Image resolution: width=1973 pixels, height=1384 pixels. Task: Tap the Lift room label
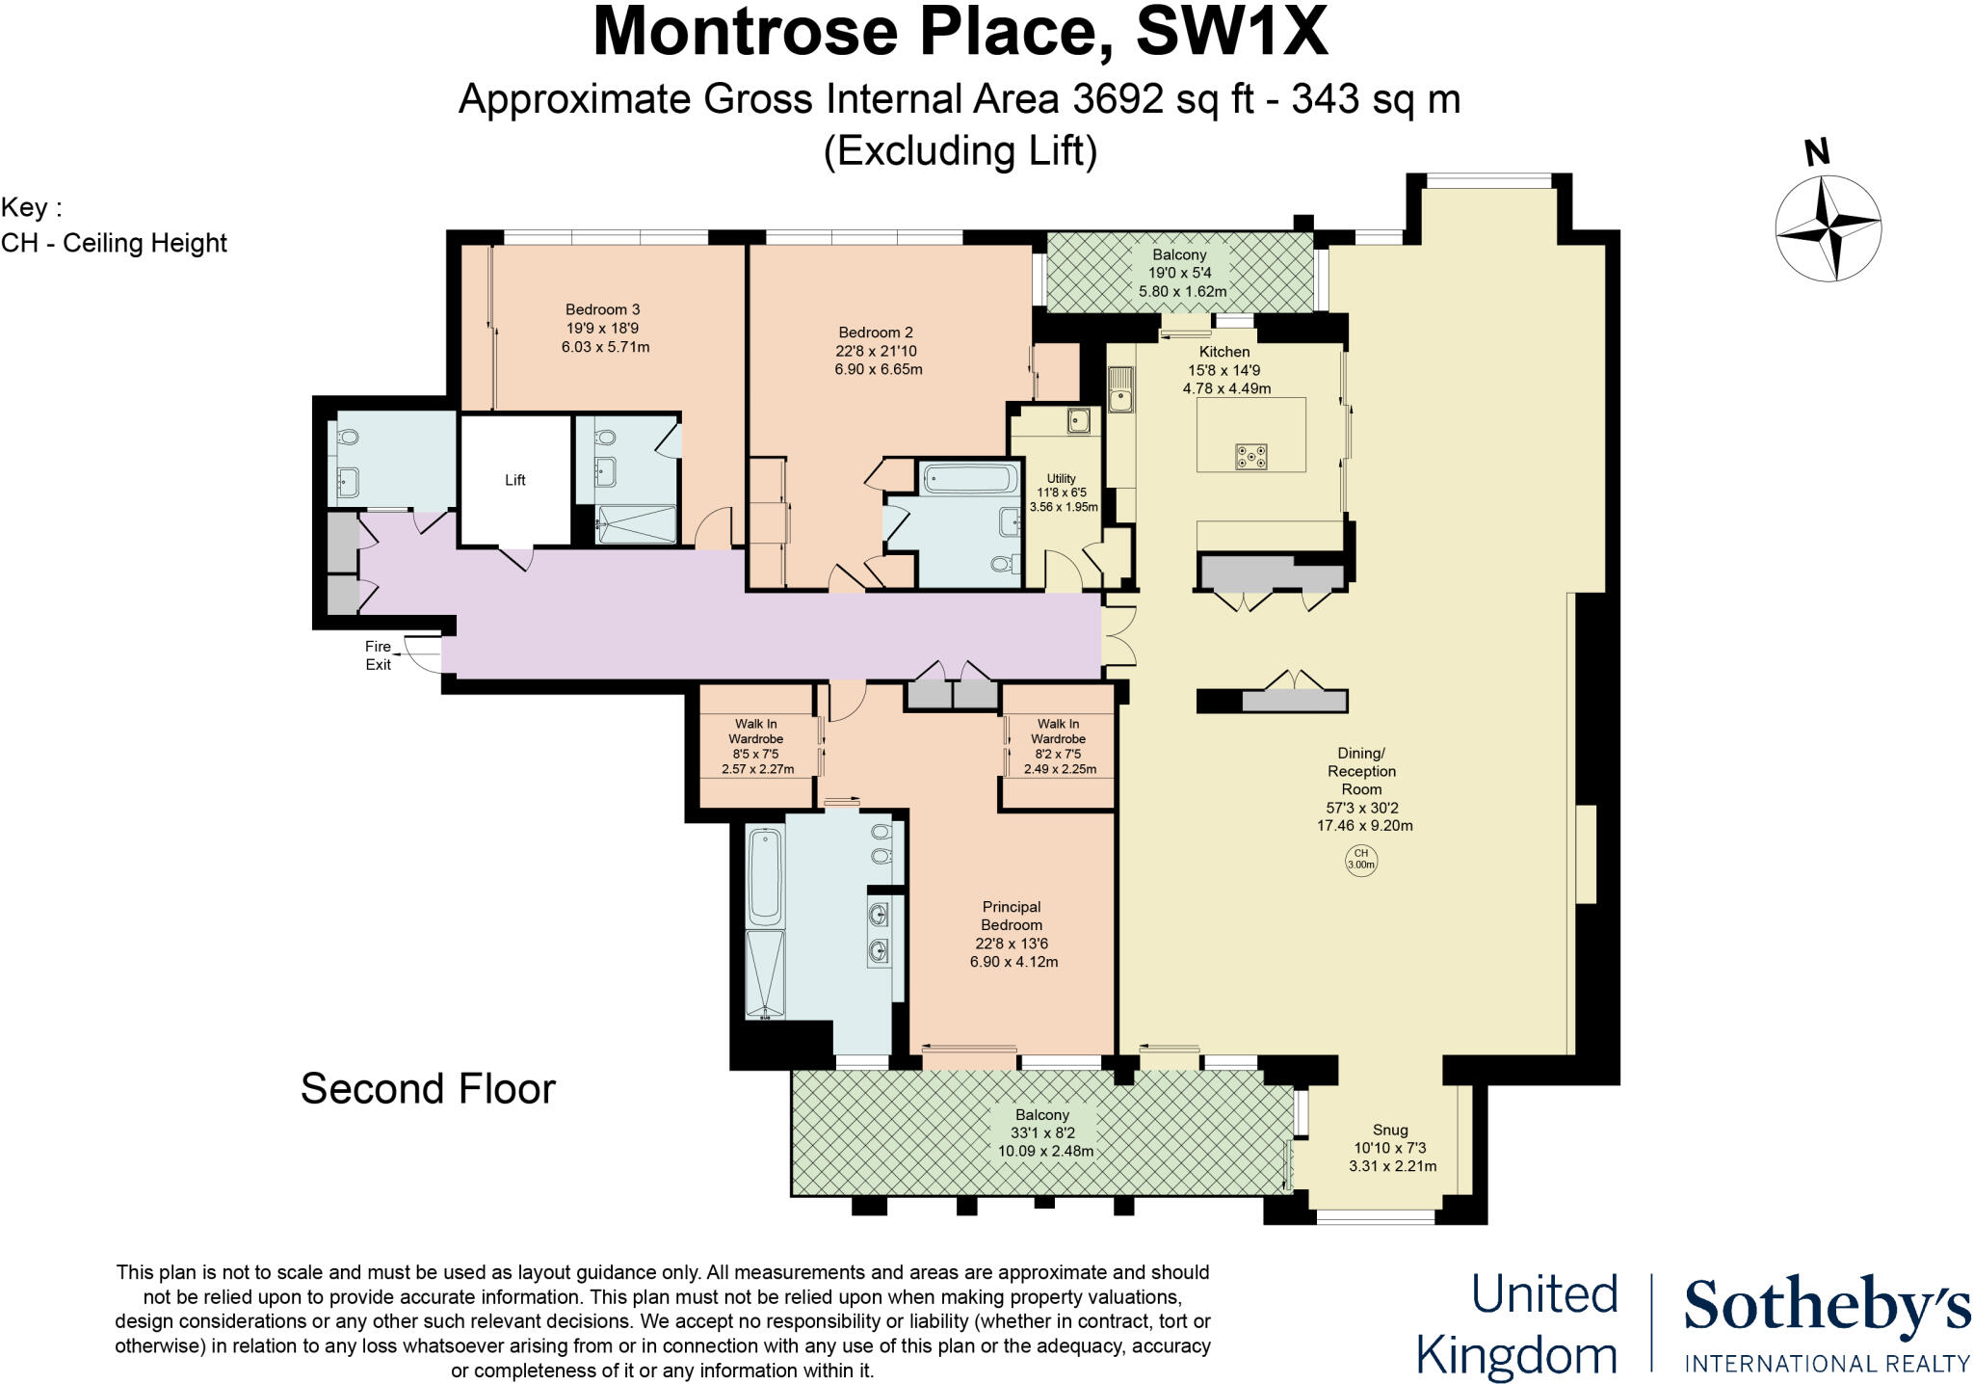[514, 480]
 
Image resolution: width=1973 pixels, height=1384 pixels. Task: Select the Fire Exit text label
[378, 655]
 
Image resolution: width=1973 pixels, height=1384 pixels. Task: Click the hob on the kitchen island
[1250, 456]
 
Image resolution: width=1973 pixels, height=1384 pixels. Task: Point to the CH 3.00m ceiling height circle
[1360, 859]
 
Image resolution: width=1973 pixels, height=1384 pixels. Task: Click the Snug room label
[1390, 1130]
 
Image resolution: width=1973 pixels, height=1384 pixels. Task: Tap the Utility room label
[1061, 478]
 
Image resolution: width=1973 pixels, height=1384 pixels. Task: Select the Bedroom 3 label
[602, 309]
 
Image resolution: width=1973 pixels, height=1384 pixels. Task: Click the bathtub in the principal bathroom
[766, 875]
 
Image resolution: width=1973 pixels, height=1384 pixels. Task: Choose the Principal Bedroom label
[1012, 916]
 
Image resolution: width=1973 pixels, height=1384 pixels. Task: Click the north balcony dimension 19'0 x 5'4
[1179, 273]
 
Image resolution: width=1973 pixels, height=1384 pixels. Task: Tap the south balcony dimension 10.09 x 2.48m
[1045, 1151]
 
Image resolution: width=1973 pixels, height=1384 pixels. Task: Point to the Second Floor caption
[428, 1089]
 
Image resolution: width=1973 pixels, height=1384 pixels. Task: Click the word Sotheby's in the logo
[1826, 1307]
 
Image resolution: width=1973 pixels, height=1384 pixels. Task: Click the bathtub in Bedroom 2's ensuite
[969, 479]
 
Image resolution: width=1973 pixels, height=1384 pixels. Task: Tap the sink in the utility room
[1080, 420]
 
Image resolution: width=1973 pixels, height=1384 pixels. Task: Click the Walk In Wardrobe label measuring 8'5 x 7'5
[756, 732]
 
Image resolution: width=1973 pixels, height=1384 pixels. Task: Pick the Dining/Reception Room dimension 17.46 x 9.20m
[1364, 826]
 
